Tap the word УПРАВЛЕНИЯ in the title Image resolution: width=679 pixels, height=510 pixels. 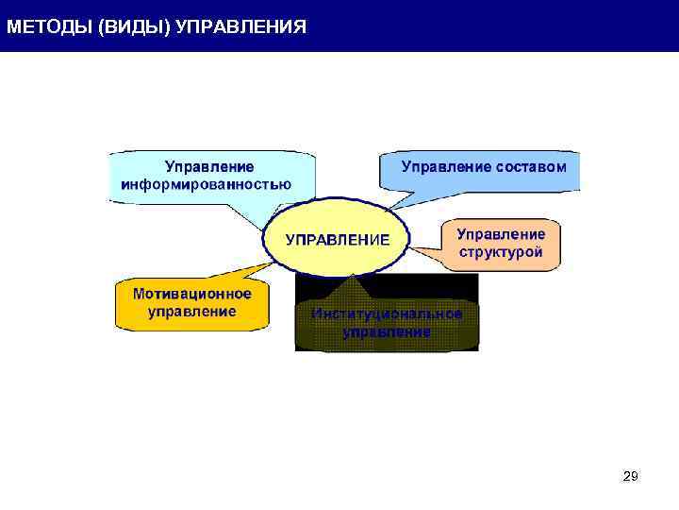click(x=241, y=25)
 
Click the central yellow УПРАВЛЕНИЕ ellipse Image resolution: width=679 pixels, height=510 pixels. click(x=337, y=239)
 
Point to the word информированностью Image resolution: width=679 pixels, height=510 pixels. click(x=206, y=184)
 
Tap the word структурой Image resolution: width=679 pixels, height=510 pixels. click(x=501, y=252)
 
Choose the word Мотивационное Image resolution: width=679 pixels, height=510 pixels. click(x=192, y=294)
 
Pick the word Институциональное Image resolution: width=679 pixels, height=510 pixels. click(x=387, y=314)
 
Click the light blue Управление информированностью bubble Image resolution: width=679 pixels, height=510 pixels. click(x=207, y=174)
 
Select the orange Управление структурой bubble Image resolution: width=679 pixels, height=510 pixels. click(x=500, y=243)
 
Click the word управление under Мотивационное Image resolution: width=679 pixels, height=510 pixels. click(x=192, y=312)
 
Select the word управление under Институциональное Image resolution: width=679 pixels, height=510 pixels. click(x=387, y=332)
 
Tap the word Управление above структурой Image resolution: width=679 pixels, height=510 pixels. click(x=501, y=233)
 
